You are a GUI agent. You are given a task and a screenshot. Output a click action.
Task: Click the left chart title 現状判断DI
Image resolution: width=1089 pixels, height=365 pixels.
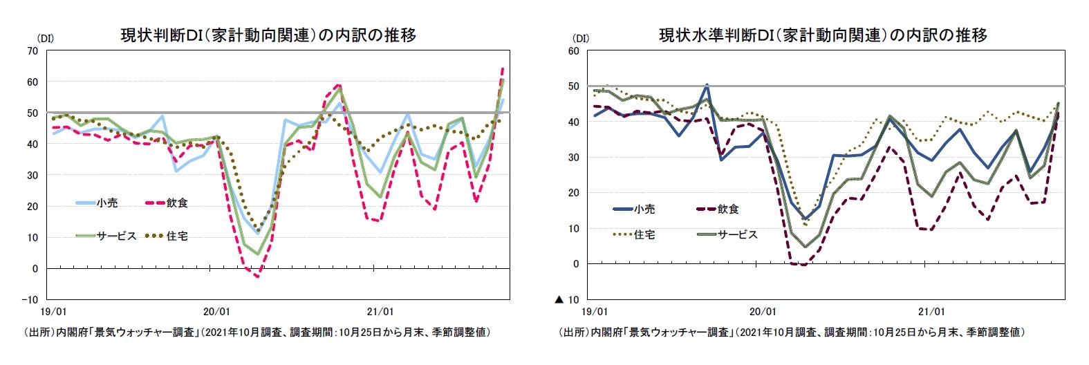(x=268, y=35)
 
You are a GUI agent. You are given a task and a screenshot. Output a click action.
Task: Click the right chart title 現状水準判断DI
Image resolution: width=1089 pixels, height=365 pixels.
(x=823, y=35)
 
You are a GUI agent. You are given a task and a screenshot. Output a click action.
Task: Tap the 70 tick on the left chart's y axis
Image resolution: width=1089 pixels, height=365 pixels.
(x=32, y=50)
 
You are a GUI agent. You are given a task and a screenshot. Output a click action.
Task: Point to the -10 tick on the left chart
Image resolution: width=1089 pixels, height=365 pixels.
(x=30, y=299)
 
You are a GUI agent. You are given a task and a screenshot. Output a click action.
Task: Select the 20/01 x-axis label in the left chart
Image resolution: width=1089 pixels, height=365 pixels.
(x=216, y=312)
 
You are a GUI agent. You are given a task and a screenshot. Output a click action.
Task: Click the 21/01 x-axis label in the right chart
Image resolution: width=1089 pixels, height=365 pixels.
(x=931, y=312)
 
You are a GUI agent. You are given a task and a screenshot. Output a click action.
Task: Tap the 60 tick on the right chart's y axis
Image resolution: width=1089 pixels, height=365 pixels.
(x=573, y=50)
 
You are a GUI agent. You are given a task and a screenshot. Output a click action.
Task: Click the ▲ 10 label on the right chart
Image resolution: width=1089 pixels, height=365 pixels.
(x=567, y=299)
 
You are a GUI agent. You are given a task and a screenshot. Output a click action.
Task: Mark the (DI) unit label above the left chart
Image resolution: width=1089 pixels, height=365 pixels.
(x=45, y=39)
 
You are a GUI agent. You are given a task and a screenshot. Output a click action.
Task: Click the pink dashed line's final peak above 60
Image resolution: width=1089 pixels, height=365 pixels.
(x=502, y=68)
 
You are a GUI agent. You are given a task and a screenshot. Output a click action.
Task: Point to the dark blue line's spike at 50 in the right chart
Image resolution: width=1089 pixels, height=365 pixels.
(x=707, y=86)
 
